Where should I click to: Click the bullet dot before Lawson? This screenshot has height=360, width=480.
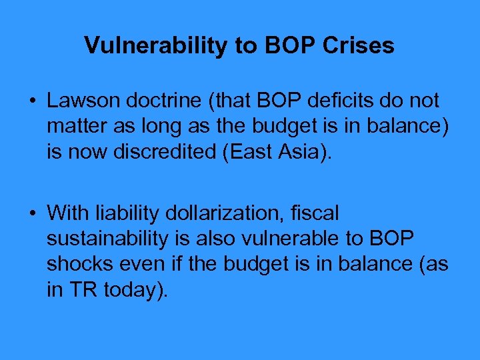click(x=33, y=101)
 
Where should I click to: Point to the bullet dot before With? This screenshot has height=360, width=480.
click(x=33, y=213)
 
